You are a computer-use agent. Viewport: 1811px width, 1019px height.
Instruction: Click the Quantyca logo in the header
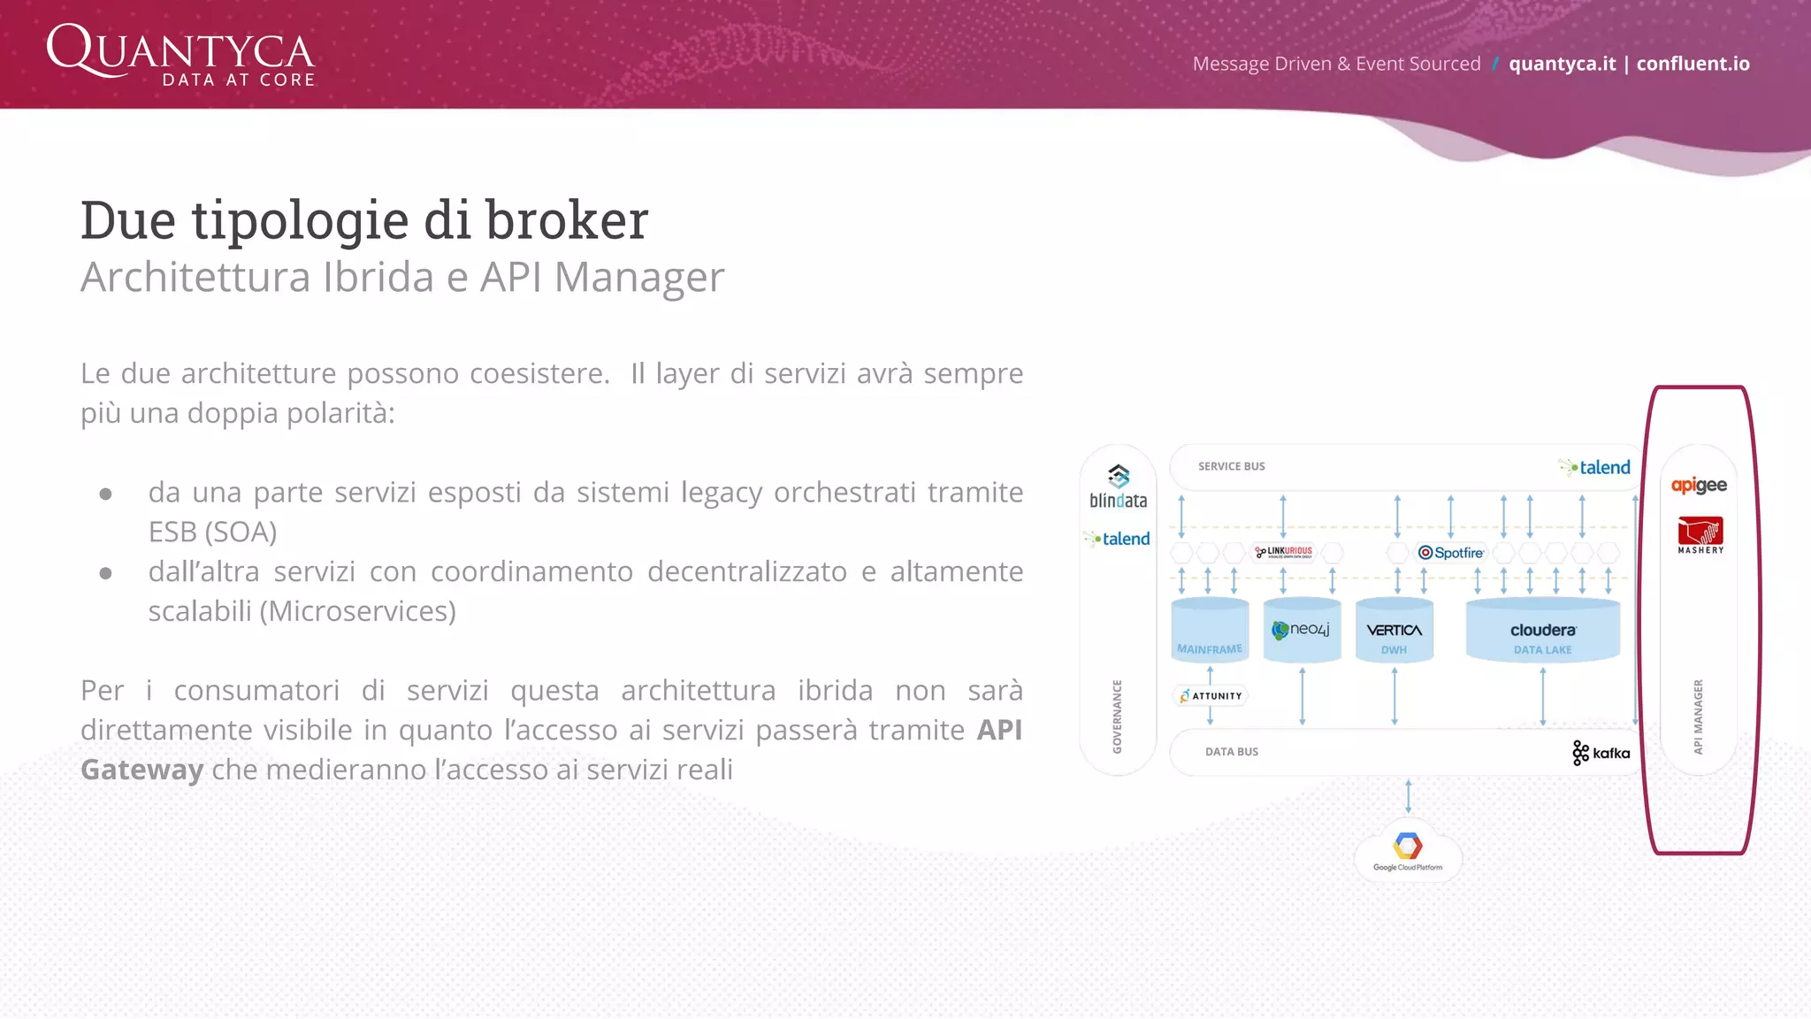click(x=180, y=55)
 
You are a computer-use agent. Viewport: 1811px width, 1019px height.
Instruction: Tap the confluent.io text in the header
click(x=1693, y=64)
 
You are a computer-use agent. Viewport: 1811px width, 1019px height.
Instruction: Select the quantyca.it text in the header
click(x=1562, y=64)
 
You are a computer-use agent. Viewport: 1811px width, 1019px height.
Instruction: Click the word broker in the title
click(x=567, y=220)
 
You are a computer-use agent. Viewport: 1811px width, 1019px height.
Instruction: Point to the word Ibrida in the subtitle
click(x=379, y=278)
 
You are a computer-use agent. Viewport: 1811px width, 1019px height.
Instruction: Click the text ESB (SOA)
click(x=212, y=532)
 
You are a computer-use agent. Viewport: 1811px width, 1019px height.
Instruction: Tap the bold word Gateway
click(x=141, y=770)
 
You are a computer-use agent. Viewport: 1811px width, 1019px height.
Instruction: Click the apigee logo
click(x=1699, y=485)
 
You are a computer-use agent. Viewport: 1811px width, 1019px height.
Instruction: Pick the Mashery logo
click(x=1700, y=536)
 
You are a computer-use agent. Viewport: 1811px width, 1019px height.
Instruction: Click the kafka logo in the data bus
click(x=1601, y=753)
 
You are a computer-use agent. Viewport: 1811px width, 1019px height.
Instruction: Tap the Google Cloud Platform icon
click(x=1408, y=850)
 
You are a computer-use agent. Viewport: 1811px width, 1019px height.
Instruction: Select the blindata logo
click(x=1118, y=487)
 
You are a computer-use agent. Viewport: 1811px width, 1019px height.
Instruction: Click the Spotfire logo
click(x=1451, y=553)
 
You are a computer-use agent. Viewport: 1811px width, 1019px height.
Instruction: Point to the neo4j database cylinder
click(x=1302, y=631)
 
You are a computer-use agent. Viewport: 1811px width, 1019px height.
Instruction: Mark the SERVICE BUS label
click(x=1231, y=466)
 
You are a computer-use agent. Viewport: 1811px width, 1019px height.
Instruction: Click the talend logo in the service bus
click(x=1596, y=467)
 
